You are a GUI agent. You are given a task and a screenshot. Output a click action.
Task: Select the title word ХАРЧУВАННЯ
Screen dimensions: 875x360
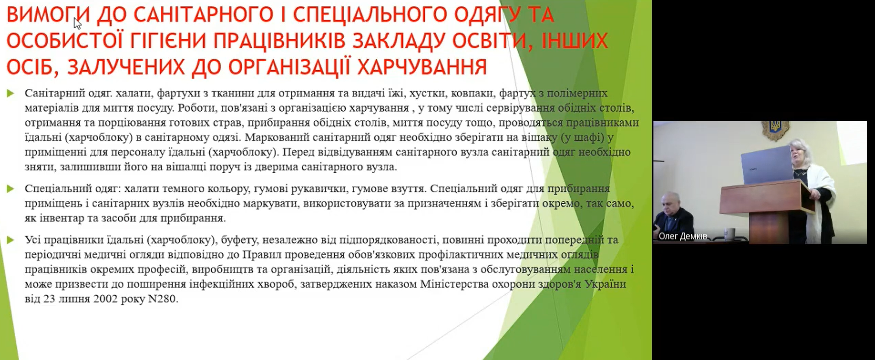click(422, 67)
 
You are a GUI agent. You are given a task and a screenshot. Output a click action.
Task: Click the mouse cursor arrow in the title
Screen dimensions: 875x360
click(77, 23)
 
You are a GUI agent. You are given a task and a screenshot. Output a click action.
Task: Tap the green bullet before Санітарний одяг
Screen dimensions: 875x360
click(10, 93)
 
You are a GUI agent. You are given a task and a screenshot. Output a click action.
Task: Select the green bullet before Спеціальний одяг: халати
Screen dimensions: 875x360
click(10, 189)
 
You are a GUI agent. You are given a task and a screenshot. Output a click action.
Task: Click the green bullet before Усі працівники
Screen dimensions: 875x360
click(10, 240)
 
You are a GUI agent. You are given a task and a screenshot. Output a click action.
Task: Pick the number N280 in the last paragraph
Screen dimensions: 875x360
click(163, 299)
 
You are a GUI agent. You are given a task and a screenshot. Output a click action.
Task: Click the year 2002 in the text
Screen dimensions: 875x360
click(105, 299)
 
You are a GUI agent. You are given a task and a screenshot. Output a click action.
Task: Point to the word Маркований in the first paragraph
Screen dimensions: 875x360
click(309, 137)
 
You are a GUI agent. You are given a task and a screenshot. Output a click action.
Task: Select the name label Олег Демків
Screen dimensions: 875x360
click(683, 236)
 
